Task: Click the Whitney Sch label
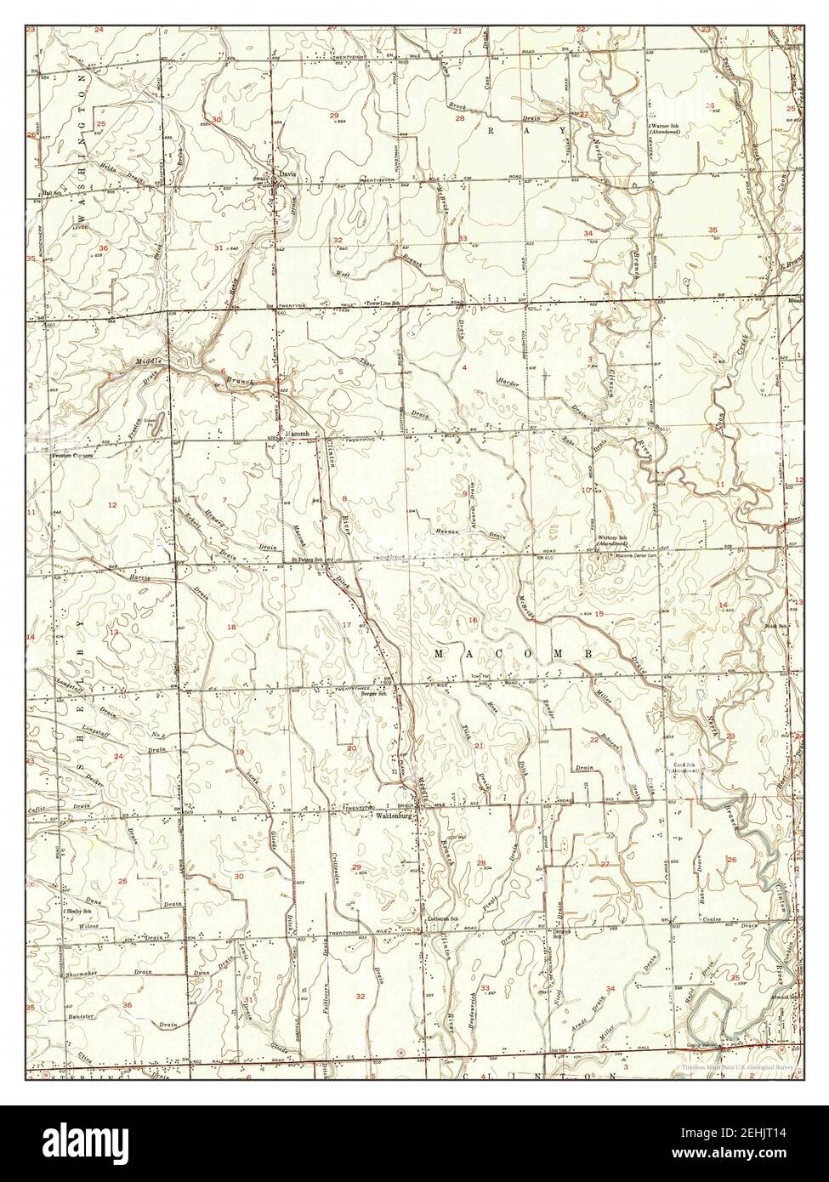[x=612, y=539]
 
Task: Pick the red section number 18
[x=230, y=627]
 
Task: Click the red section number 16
[x=473, y=620]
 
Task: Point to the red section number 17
[x=346, y=625]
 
